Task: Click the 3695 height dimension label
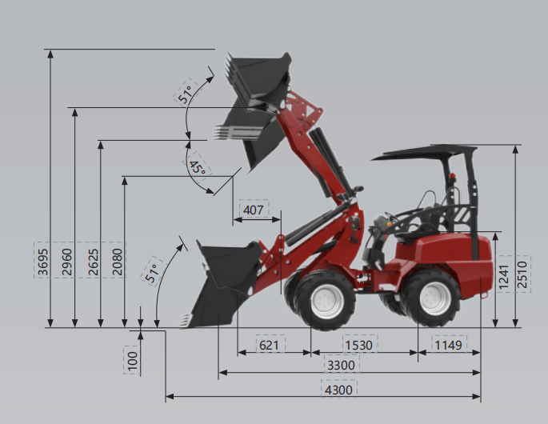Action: (42, 262)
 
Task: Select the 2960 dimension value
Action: (66, 262)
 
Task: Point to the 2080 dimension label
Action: (117, 262)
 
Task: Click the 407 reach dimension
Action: (253, 210)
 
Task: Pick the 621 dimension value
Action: (269, 345)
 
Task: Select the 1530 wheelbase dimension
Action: (359, 345)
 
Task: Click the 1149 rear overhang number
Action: (448, 345)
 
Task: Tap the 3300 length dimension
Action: (341, 366)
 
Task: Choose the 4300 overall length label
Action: (338, 390)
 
